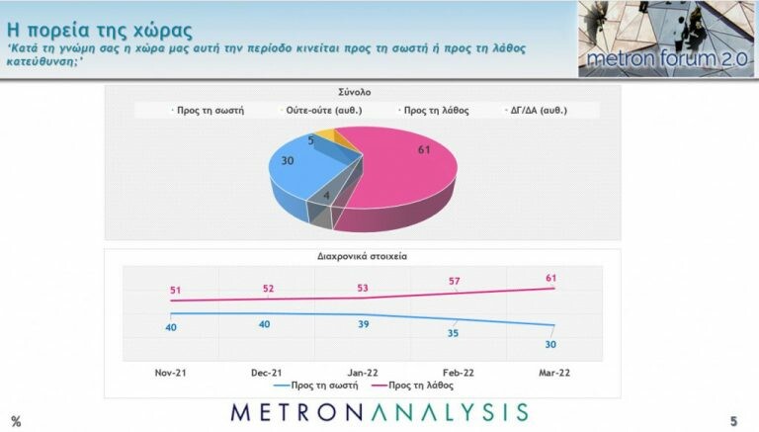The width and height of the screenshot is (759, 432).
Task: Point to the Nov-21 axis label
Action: tap(173, 374)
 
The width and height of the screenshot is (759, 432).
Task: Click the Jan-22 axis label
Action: tap(364, 374)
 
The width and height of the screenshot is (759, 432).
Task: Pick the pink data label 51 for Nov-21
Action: tap(173, 291)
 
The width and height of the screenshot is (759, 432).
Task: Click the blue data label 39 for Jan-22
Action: tap(364, 325)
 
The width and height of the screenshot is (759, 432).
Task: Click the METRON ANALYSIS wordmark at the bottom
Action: tap(379, 412)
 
